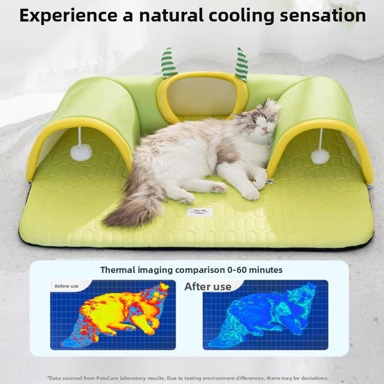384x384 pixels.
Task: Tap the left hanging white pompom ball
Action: point(81,152)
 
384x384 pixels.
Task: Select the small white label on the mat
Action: point(198,211)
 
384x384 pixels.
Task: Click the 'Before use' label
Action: point(67,286)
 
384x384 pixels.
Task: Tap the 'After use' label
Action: point(208,286)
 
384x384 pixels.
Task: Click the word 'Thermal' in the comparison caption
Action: point(118,269)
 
